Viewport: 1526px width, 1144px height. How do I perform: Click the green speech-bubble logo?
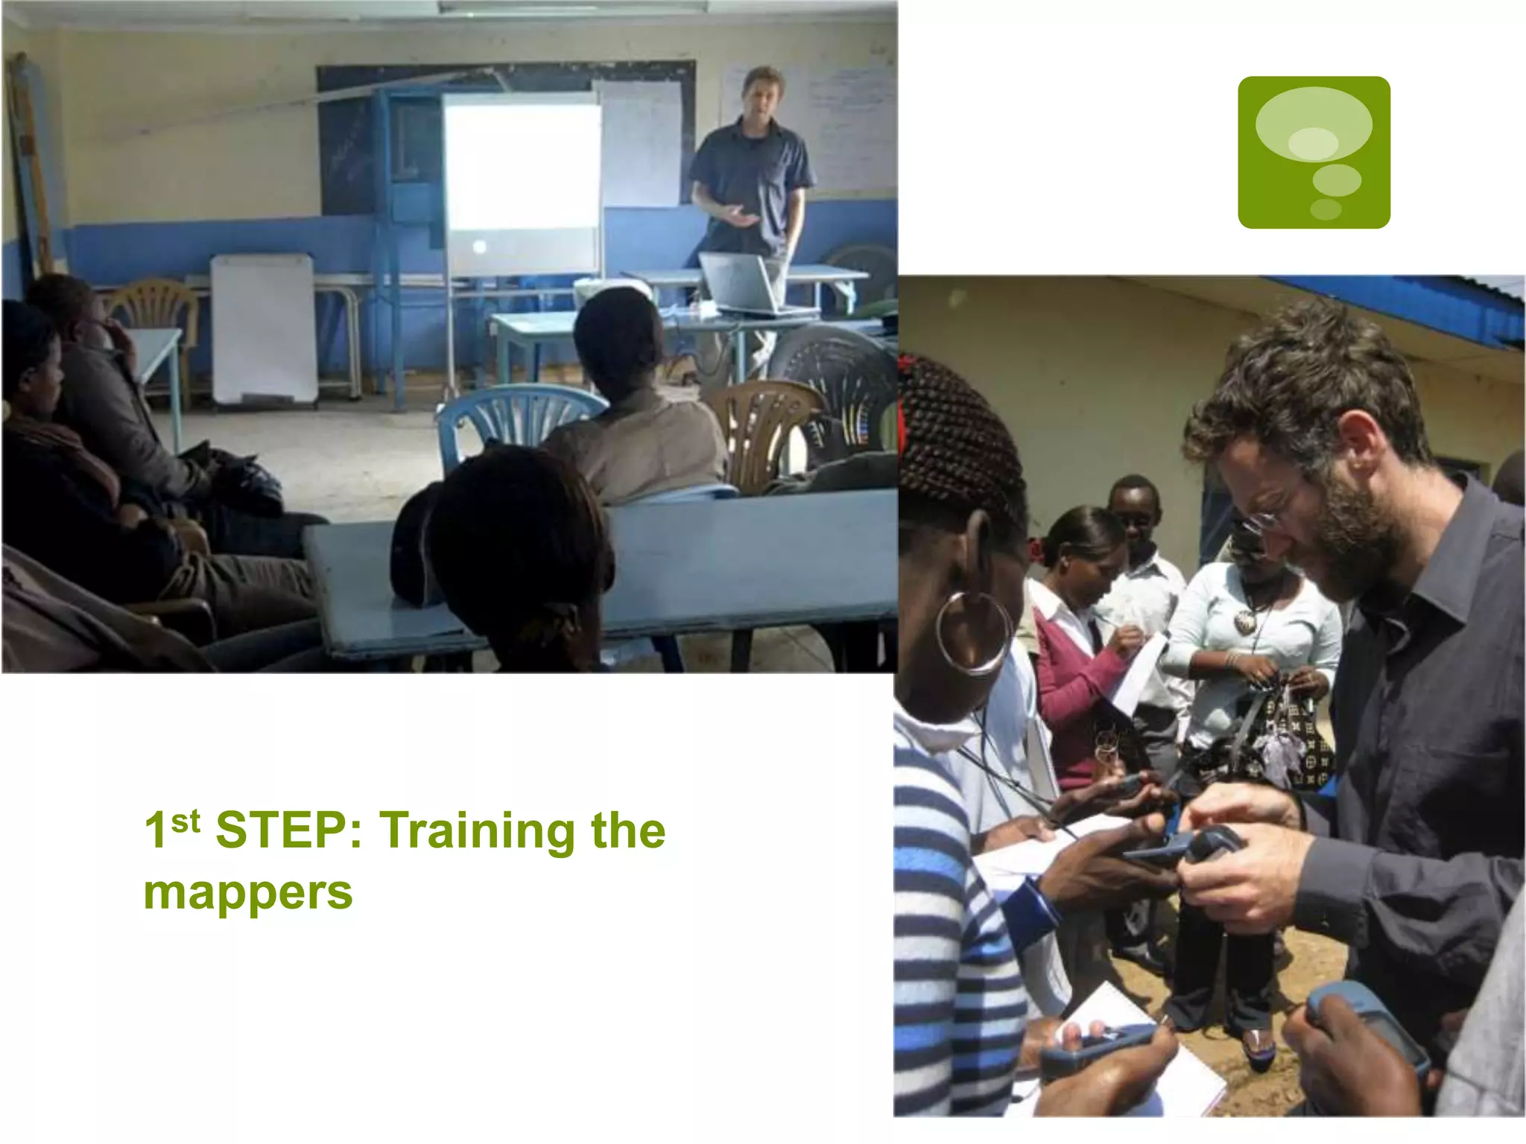(x=1313, y=152)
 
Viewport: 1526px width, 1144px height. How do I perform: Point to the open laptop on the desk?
(x=741, y=284)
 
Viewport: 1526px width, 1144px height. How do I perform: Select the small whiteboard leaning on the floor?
(x=265, y=328)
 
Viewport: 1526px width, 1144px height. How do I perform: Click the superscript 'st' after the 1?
(x=186, y=821)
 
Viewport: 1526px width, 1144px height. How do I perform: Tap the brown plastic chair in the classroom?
(x=760, y=425)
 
